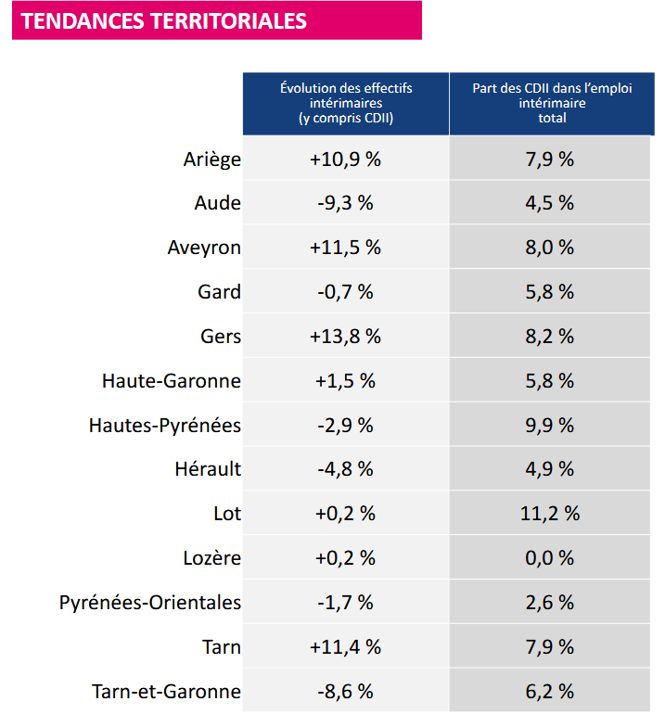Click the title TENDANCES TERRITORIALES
(163, 20)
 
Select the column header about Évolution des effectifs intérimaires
(346, 103)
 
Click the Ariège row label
(212, 159)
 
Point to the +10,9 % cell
(345, 159)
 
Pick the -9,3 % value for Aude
(345, 203)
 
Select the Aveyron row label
(204, 248)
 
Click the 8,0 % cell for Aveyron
(550, 248)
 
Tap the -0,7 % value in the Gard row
(345, 292)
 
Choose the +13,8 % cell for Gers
(345, 337)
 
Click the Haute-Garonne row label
(172, 381)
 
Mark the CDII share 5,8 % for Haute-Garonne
(550, 381)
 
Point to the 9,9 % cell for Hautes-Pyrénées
(550, 426)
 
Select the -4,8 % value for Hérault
(345, 469)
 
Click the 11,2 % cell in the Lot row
(550, 514)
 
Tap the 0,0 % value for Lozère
(550, 558)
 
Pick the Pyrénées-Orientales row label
(150, 603)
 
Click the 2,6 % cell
(550, 603)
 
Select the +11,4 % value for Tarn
(345, 647)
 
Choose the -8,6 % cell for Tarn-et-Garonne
(345, 692)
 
